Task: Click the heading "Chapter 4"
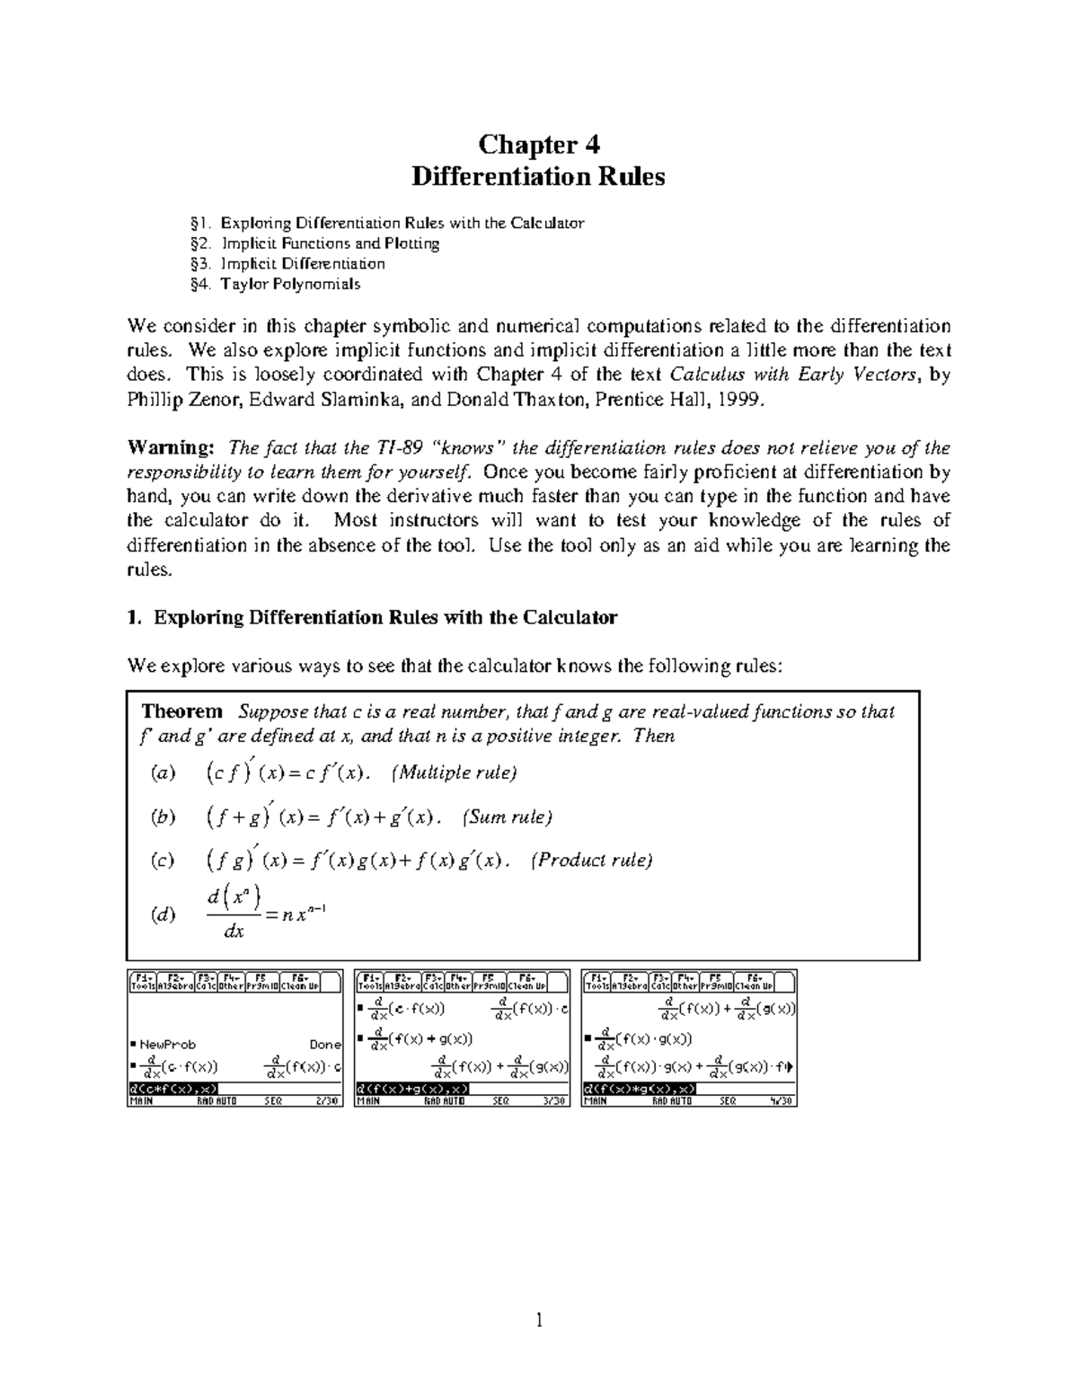click(538, 145)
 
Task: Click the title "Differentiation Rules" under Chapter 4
click(538, 177)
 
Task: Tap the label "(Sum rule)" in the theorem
click(507, 817)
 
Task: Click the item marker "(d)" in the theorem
click(163, 916)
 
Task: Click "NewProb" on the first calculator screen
click(166, 1045)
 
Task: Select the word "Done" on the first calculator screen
click(324, 1045)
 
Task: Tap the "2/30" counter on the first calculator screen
click(328, 1100)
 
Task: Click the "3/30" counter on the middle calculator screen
click(554, 1100)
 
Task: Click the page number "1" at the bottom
click(539, 1320)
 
